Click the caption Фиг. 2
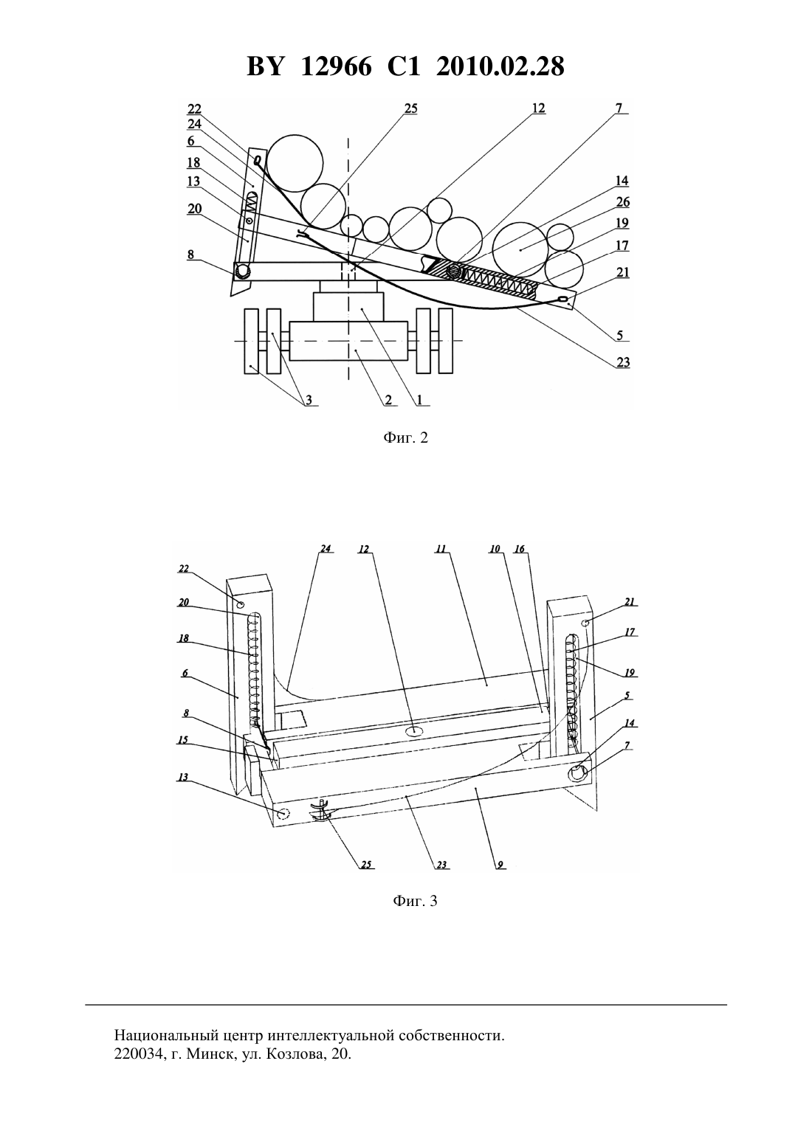point(405,438)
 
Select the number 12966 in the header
point(337,66)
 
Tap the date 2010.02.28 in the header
point(500,66)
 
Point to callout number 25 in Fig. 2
point(410,108)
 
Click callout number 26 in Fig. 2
point(622,202)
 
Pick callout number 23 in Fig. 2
point(622,362)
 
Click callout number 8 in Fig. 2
point(190,255)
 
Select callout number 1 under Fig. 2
point(419,400)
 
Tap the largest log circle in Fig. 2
point(295,164)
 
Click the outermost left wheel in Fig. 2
point(251,341)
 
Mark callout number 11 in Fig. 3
point(441,550)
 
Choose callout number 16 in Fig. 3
point(519,550)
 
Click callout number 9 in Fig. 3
point(500,865)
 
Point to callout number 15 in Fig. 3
point(182,740)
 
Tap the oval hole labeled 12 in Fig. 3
point(415,731)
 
